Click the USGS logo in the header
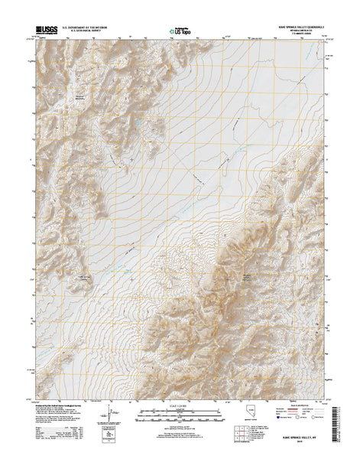click(45, 31)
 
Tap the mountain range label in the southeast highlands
click(247, 276)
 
